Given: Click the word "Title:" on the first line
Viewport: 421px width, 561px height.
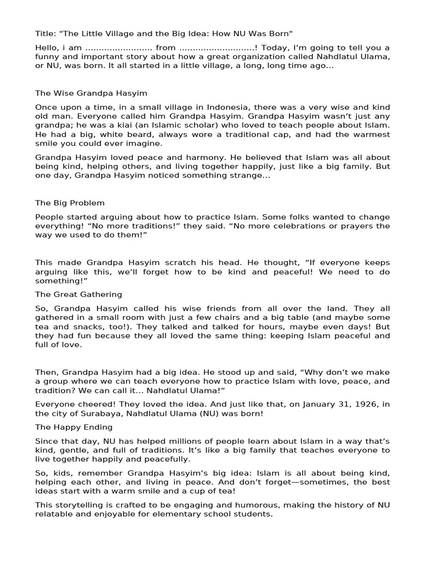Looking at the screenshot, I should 45,33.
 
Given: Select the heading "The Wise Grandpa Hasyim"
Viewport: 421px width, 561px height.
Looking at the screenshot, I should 91,93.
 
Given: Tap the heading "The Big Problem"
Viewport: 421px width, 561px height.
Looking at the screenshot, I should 70,203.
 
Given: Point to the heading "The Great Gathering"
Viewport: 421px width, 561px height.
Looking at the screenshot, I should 78,294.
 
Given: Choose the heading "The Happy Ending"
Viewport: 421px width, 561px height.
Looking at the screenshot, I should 74,427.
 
